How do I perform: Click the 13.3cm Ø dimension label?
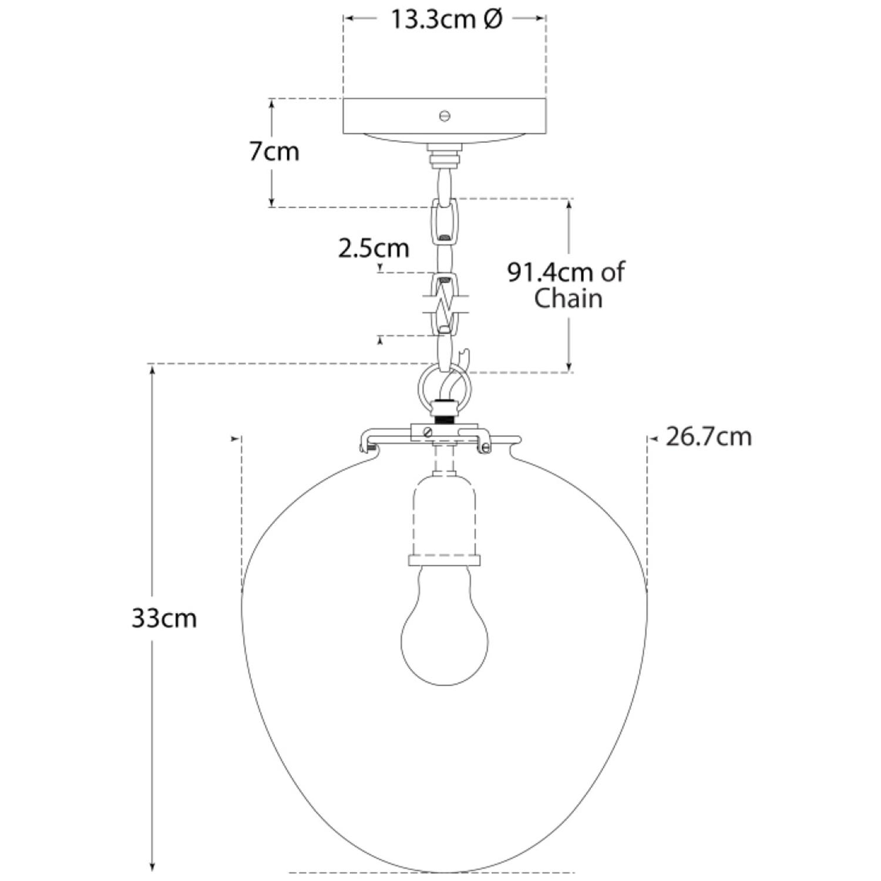click(446, 19)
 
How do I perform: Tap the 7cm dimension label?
click(274, 152)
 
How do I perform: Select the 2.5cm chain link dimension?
click(374, 248)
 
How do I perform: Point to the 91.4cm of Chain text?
click(565, 285)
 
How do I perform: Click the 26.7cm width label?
click(708, 437)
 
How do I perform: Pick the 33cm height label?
click(164, 618)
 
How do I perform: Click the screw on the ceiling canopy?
click(445, 116)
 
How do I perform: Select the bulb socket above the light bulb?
click(444, 517)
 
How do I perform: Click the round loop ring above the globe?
click(444, 388)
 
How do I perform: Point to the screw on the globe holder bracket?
click(428, 432)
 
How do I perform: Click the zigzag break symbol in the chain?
click(445, 305)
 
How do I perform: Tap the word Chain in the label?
click(568, 298)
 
